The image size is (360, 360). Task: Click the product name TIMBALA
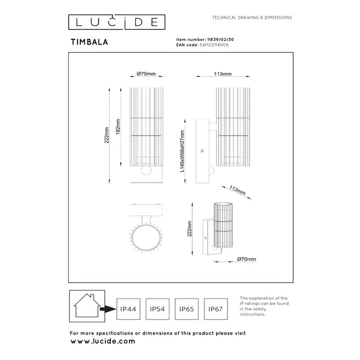[x=89, y=40]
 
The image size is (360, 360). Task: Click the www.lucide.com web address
[x=102, y=341]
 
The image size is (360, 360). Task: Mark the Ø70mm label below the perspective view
[x=246, y=259]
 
